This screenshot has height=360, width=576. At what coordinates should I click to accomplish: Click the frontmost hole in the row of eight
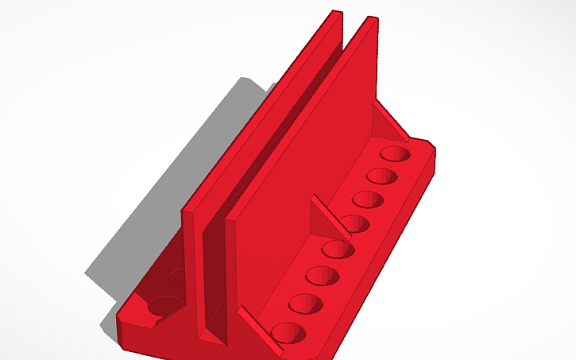[288, 332]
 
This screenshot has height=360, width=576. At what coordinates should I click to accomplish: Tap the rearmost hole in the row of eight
[394, 153]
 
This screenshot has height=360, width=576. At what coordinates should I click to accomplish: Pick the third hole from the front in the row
[322, 277]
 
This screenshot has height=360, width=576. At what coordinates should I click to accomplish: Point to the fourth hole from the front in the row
[338, 250]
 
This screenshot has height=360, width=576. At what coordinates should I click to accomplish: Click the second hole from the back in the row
[381, 175]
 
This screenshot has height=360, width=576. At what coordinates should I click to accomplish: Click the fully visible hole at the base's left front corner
[164, 304]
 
